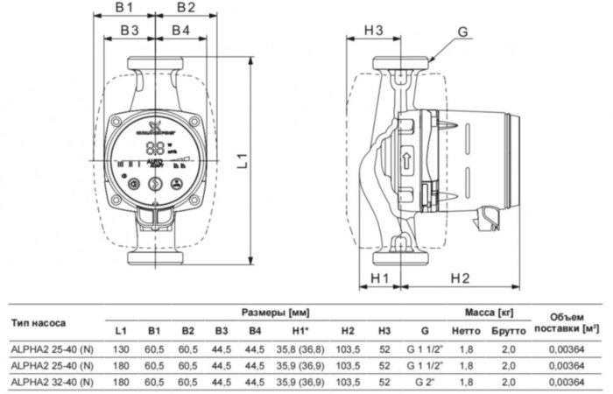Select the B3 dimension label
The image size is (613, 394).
click(130, 31)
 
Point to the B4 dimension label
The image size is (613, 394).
click(180, 31)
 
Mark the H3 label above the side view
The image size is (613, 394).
click(374, 31)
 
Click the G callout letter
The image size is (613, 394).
click(463, 32)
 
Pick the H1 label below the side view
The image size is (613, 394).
click(379, 278)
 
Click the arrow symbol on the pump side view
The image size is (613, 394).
click(406, 160)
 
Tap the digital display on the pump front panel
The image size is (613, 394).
click(154, 148)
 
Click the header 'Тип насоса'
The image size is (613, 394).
click(39, 321)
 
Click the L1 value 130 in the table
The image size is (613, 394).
click(121, 349)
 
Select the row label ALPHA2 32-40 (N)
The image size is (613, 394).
click(49, 382)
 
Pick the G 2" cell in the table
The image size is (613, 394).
click(425, 382)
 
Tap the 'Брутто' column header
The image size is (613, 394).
click(509, 331)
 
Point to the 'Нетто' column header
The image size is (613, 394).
click(466, 331)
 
